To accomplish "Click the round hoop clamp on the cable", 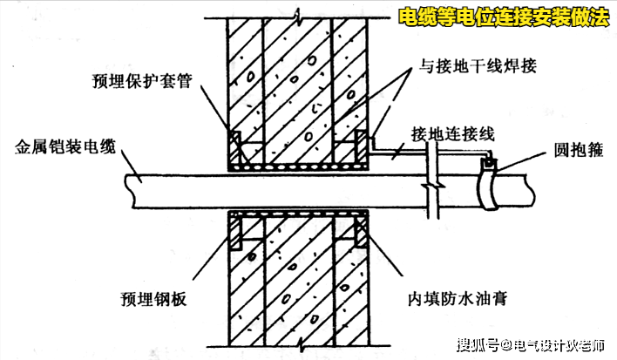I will click(491, 187).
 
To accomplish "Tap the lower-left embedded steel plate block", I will click(235, 228).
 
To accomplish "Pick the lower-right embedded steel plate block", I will click(359, 228).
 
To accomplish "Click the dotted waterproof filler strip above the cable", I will click(297, 163).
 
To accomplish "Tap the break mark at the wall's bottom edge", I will click(297, 350).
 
